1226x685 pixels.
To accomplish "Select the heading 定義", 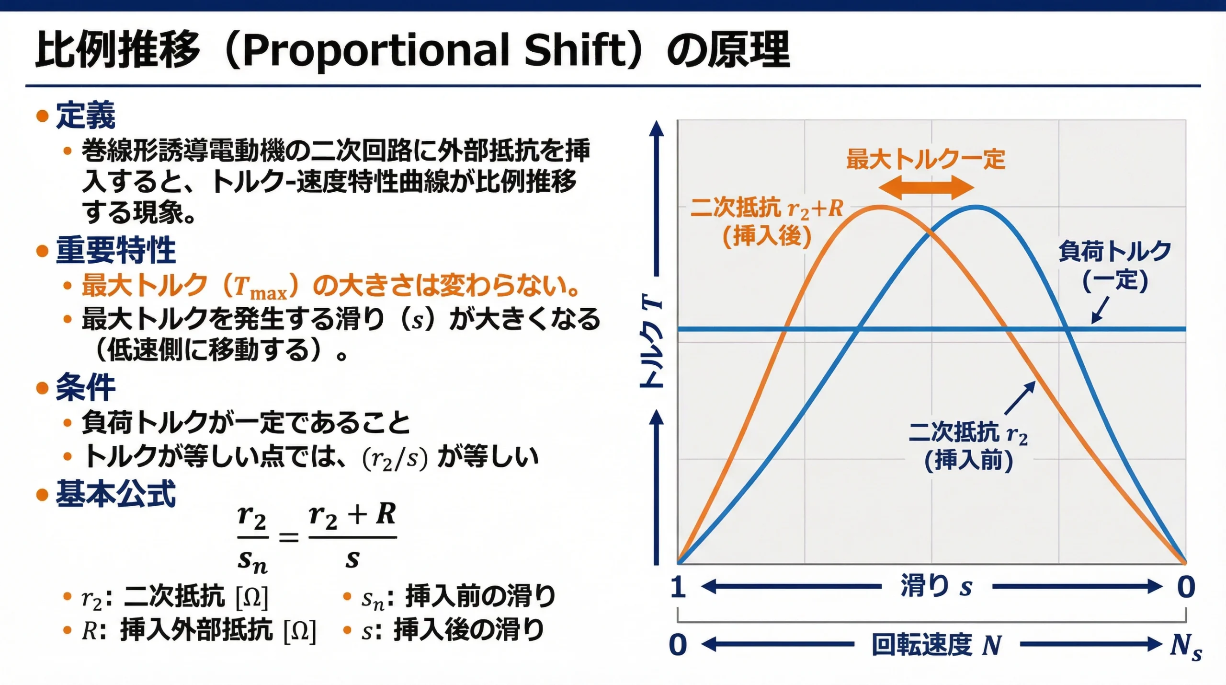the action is tap(86, 116).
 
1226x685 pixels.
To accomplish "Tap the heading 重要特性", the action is tap(116, 250).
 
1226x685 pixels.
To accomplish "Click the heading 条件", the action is tap(86, 387).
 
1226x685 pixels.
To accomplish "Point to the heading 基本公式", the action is tap(116, 494).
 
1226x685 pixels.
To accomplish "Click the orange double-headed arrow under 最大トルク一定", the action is tap(926, 187).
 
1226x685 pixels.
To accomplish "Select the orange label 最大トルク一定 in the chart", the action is tap(926, 159).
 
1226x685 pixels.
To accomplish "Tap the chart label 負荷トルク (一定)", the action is tap(1115, 266).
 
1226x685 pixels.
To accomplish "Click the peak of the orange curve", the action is tap(881, 207).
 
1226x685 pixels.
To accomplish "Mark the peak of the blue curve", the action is tap(976, 207).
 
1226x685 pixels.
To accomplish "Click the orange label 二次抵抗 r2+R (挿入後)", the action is tap(767, 222).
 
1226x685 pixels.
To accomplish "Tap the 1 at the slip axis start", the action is tap(678, 587).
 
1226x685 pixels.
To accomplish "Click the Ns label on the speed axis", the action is tap(1186, 646).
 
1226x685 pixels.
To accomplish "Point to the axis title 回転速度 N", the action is tap(936, 645).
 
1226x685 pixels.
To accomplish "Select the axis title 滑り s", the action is tap(936, 586).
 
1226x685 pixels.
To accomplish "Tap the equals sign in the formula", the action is tap(289, 537).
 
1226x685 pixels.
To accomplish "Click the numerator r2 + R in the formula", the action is tap(352, 515).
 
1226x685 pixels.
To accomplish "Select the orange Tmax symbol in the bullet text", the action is tap(261, 287).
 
